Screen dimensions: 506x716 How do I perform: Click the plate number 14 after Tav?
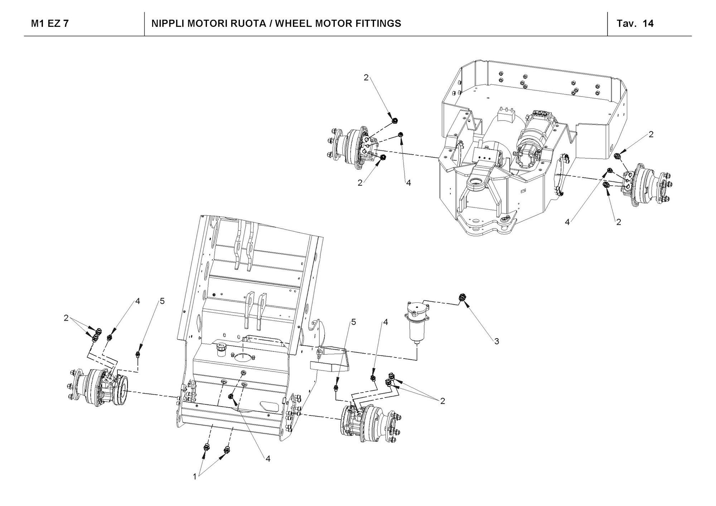(648, 24)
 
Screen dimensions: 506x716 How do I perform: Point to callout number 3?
(497, 341)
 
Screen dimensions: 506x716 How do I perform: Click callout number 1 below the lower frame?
(195, 477)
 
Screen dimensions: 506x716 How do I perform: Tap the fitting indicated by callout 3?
(462, 297)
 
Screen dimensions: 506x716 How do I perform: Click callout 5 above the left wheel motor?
(162, 301)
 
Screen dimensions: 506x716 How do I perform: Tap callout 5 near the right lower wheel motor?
(353, 322)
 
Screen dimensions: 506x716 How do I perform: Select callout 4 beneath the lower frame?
(268, 459)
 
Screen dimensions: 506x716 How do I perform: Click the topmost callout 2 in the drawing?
(366, 78)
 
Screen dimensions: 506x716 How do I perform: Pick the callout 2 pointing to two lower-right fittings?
(442, 401)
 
